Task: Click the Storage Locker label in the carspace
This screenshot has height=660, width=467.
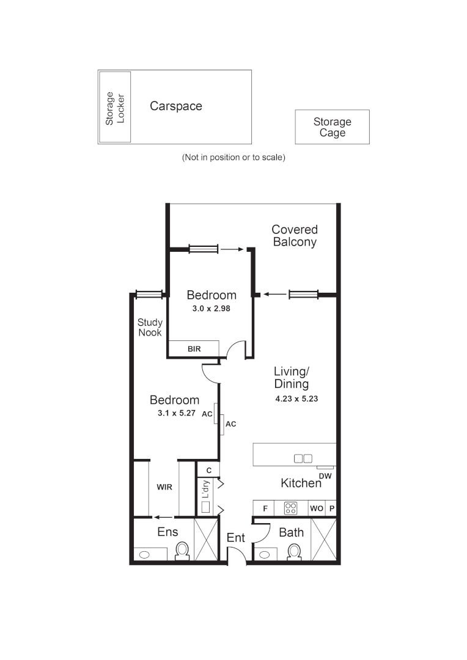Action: point(115,108)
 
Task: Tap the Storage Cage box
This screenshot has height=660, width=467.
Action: point(332,127)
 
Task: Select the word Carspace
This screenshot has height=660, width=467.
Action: point(176,106)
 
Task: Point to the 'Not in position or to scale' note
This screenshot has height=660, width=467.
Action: point(233,157)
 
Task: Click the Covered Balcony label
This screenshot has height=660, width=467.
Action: point(295,235)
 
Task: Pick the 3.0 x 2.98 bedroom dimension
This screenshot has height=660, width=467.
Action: point(211,309)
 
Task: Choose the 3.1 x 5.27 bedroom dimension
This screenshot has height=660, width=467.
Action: point(174,413)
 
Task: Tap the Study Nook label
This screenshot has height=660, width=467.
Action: point(150,327)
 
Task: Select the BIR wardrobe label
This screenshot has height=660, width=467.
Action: point(194,349)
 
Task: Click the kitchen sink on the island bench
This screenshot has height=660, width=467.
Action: point(303,458)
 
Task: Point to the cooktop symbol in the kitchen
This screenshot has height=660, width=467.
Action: point(291,508)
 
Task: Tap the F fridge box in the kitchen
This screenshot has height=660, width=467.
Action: point(265,508)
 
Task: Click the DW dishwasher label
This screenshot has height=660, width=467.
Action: point(325,475)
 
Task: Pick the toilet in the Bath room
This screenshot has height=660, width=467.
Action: point(294,551)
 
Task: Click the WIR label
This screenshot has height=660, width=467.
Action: point(164,488)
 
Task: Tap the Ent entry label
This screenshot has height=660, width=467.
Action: point(236,538)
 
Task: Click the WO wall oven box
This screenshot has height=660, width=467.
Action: point(316,508)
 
